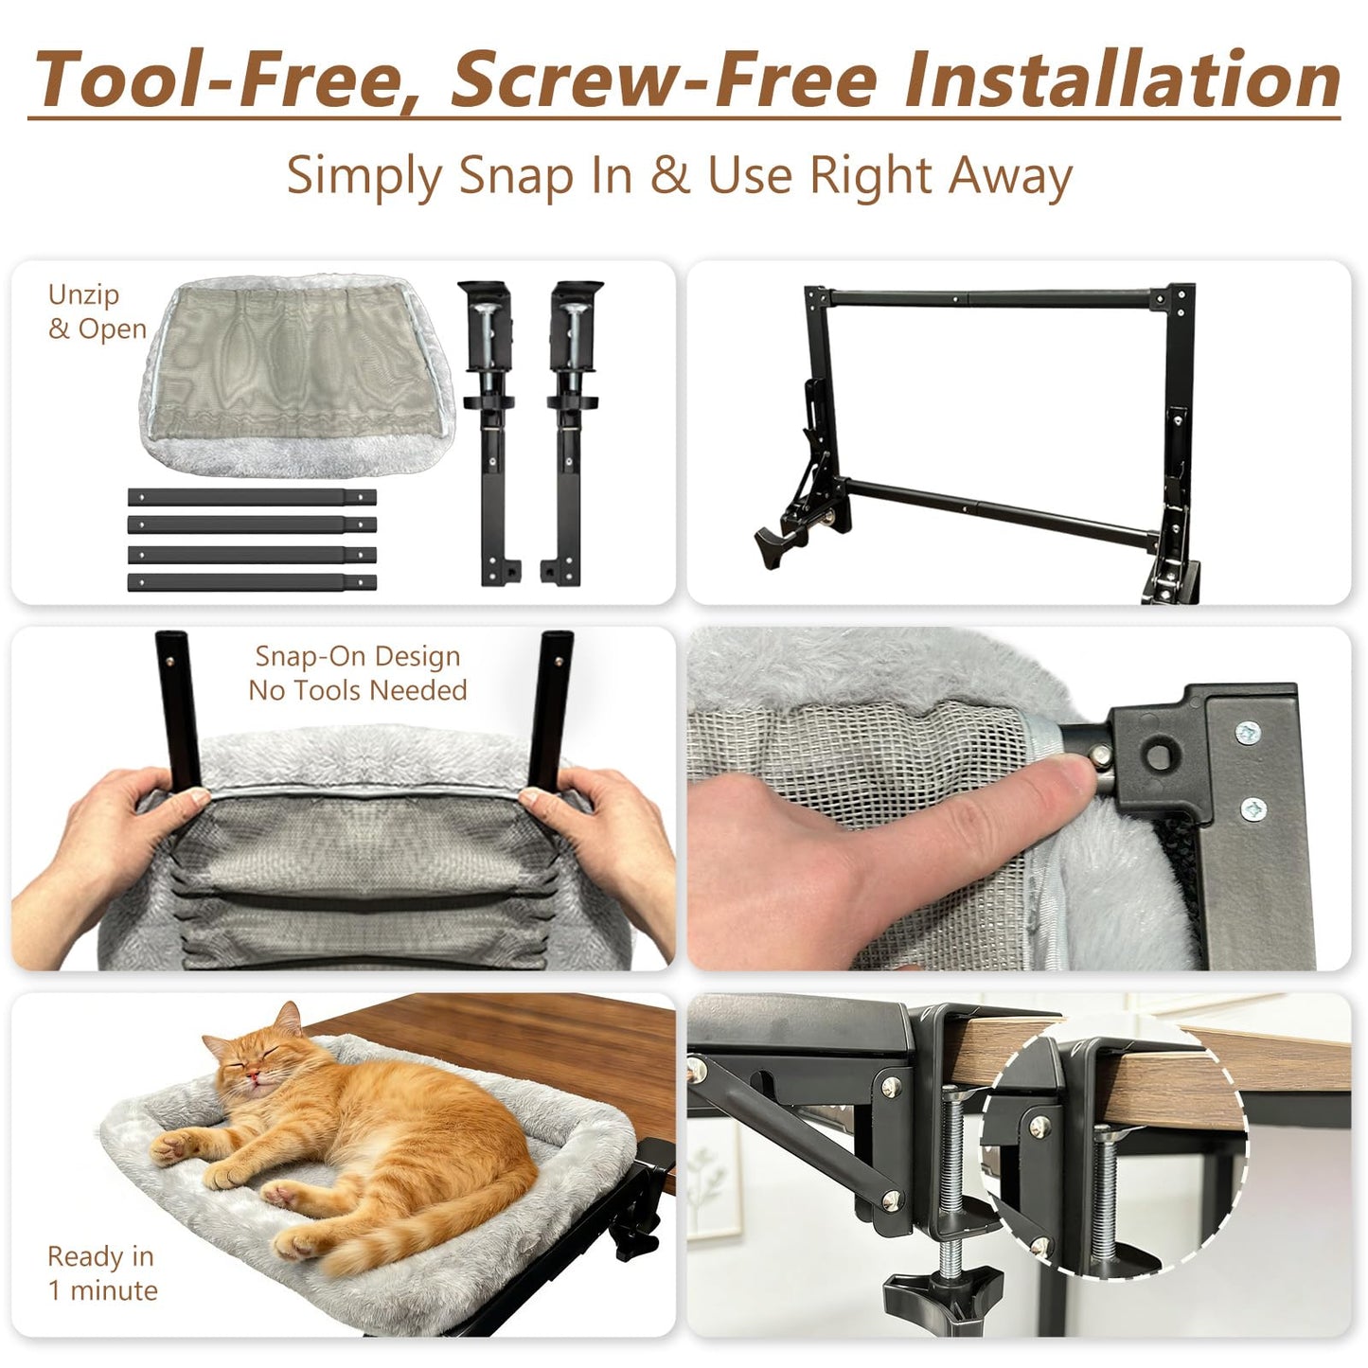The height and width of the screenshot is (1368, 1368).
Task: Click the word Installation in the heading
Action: [x=1122, y=80]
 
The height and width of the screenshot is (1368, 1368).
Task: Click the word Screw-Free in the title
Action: [x=664, y=80]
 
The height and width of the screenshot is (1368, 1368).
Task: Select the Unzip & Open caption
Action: [x=98, y=311]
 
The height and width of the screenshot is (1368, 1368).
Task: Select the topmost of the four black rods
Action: [x=252, y=496]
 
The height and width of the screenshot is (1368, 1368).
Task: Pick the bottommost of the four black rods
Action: [x=252, y=582]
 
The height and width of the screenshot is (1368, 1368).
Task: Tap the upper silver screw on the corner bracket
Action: [x=1248, y=731]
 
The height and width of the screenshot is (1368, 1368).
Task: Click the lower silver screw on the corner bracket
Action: [x=1253, y=808]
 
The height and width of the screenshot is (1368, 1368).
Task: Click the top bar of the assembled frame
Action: [x=990, y=299]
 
